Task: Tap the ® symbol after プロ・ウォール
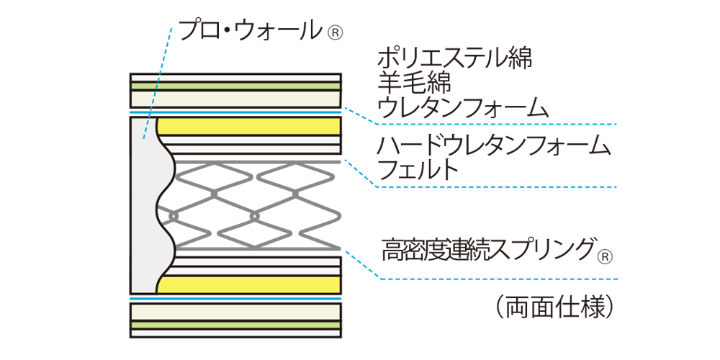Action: [x=336, y=32]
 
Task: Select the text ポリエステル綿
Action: [x=454, y=58]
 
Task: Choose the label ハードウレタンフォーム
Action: [x=493, y=146]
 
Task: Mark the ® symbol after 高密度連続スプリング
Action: [x=606, y=256]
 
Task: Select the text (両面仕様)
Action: [x=554, y=307]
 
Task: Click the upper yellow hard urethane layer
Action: [x=248, y=127]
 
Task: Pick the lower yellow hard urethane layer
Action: [x=248, y=284]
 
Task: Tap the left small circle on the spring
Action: [x=173, y=215]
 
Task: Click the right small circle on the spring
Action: [x=253, y=215]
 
